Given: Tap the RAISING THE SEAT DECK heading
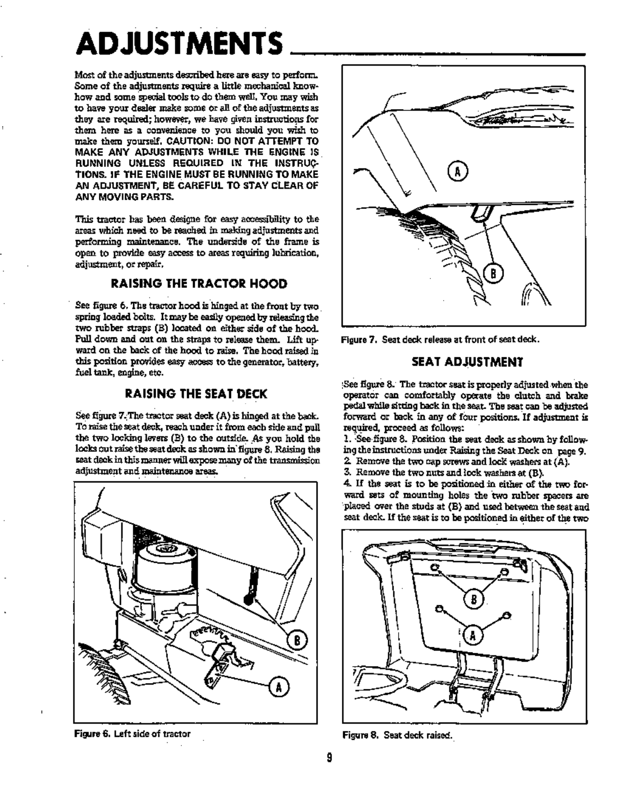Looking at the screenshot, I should point(197,394).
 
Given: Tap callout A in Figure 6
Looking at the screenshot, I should point(280,687).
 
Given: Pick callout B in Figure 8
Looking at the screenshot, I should point(474,599).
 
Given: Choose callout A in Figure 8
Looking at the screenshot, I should point(473,635).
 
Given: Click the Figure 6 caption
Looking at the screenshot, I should point(133,733).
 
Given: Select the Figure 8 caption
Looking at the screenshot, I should point(398,734).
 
